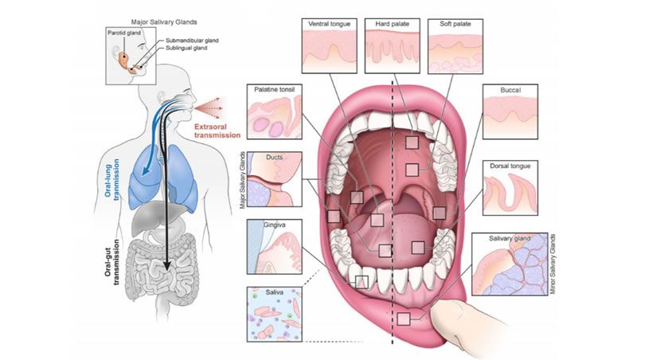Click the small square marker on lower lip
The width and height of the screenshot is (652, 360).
pos(404,319)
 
